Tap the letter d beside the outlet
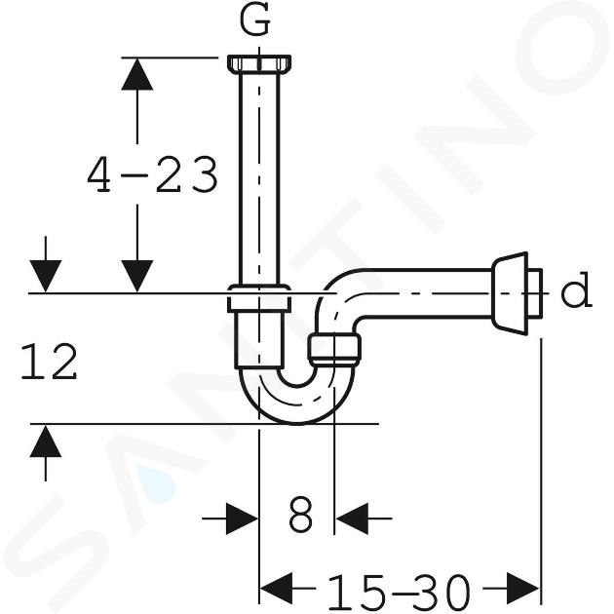click(576, 290)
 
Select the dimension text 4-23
click(152, 174)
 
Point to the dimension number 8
click(301, 515)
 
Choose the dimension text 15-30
click(399, 592)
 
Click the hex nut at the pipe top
click(259, 64)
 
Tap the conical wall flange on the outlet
click(510, 293)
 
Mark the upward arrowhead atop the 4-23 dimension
click(137, 74)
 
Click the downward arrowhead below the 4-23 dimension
click(137, 276)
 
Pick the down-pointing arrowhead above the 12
click(46, 276)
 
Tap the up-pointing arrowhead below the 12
click(46, 441)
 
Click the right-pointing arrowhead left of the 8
click(242, 518)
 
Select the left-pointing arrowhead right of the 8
click(352, 518)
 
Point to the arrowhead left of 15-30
click(277, 588)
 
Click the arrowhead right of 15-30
click(523, 588)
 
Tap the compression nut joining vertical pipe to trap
click(259, 299)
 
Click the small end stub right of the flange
click(535, 293)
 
